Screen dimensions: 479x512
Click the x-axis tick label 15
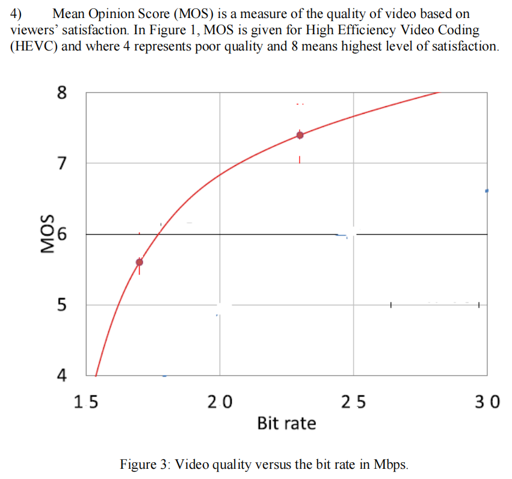pos(86,402)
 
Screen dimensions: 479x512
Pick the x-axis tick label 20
pos(220,402)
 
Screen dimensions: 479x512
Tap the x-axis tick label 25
pos(353,402)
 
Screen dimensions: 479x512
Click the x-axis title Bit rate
pos(286,423)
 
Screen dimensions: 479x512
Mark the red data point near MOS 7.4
pos(300,135)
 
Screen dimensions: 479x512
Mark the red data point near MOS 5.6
pos(140,262)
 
